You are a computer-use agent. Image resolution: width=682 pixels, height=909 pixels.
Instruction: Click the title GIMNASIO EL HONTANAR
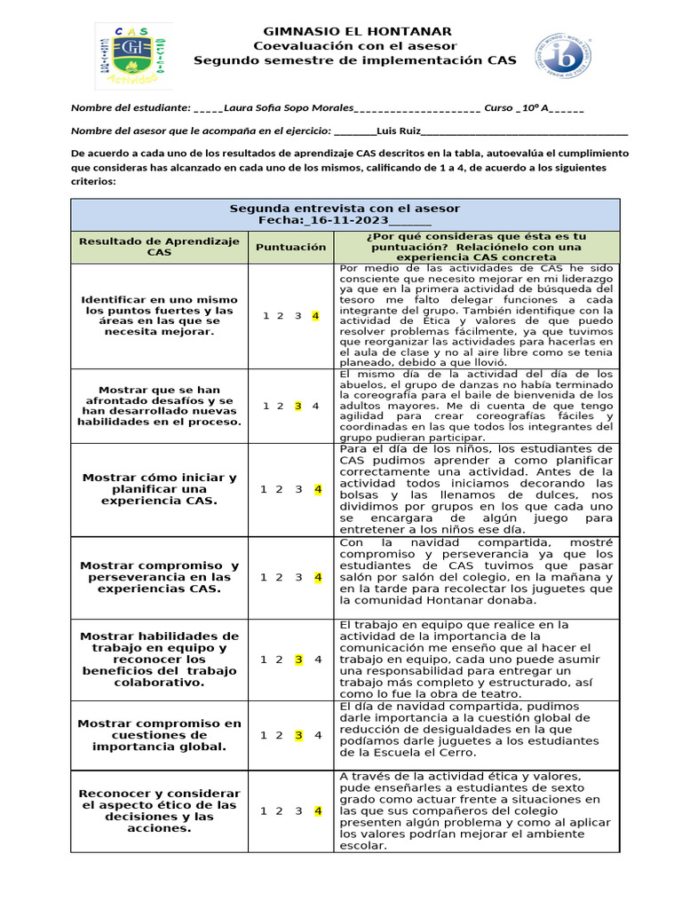354,31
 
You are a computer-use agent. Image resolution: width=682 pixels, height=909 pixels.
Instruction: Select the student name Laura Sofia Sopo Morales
289,108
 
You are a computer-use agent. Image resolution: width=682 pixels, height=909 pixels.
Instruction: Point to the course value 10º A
535,108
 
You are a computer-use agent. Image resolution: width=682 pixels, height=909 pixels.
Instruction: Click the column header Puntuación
290,247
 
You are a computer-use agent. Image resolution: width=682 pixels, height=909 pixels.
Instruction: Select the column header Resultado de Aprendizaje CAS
159,247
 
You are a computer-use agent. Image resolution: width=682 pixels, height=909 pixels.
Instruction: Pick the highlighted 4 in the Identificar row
315,316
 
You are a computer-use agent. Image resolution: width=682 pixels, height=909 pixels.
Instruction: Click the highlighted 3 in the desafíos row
298,406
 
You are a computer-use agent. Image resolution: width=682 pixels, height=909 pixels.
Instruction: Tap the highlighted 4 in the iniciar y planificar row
317,489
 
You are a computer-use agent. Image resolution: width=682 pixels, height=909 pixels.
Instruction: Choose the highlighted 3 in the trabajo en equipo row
298,660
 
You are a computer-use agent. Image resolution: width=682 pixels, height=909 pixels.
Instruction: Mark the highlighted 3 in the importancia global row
298,735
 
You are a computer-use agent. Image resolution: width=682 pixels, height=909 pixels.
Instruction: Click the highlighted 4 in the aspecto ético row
317,810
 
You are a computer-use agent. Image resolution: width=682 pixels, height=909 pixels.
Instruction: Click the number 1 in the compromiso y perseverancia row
263,577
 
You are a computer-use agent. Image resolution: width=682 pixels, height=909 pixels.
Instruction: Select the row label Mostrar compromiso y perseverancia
159,577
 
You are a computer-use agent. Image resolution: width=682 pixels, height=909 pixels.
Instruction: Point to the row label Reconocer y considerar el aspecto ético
159,810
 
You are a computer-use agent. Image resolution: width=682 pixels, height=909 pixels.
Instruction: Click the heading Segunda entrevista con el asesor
345,209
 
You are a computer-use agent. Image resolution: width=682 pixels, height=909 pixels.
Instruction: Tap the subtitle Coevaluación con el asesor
354,45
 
